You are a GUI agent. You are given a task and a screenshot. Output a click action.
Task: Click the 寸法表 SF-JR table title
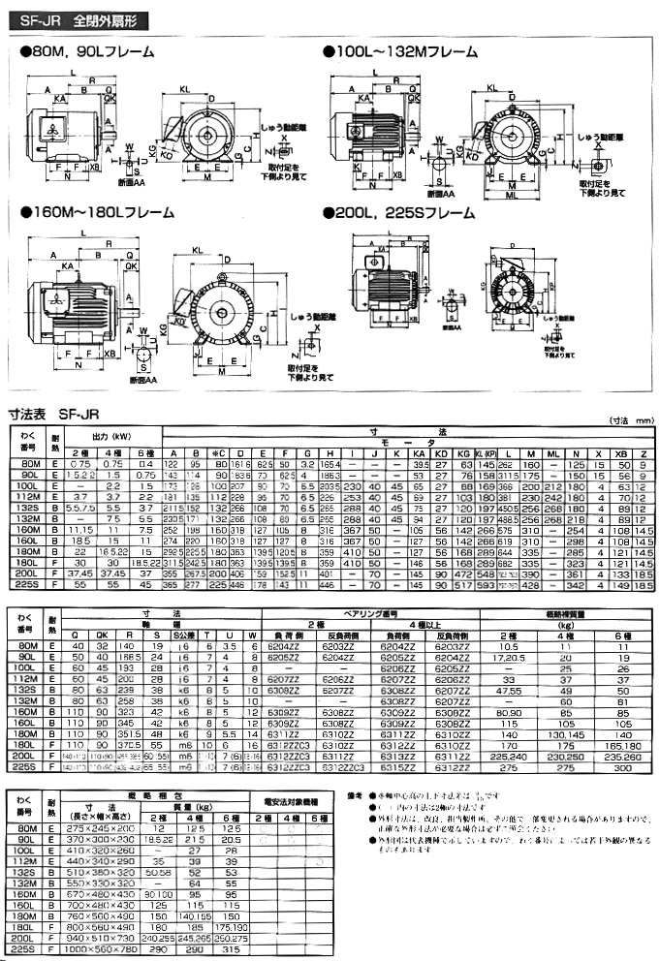coord(52,412)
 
